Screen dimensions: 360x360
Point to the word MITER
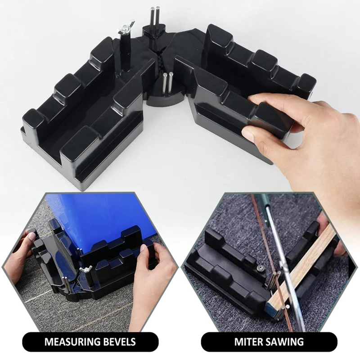point(248,342)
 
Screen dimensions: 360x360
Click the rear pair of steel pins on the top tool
point(155,17)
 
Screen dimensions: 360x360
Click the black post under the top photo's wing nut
point(126,53)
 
